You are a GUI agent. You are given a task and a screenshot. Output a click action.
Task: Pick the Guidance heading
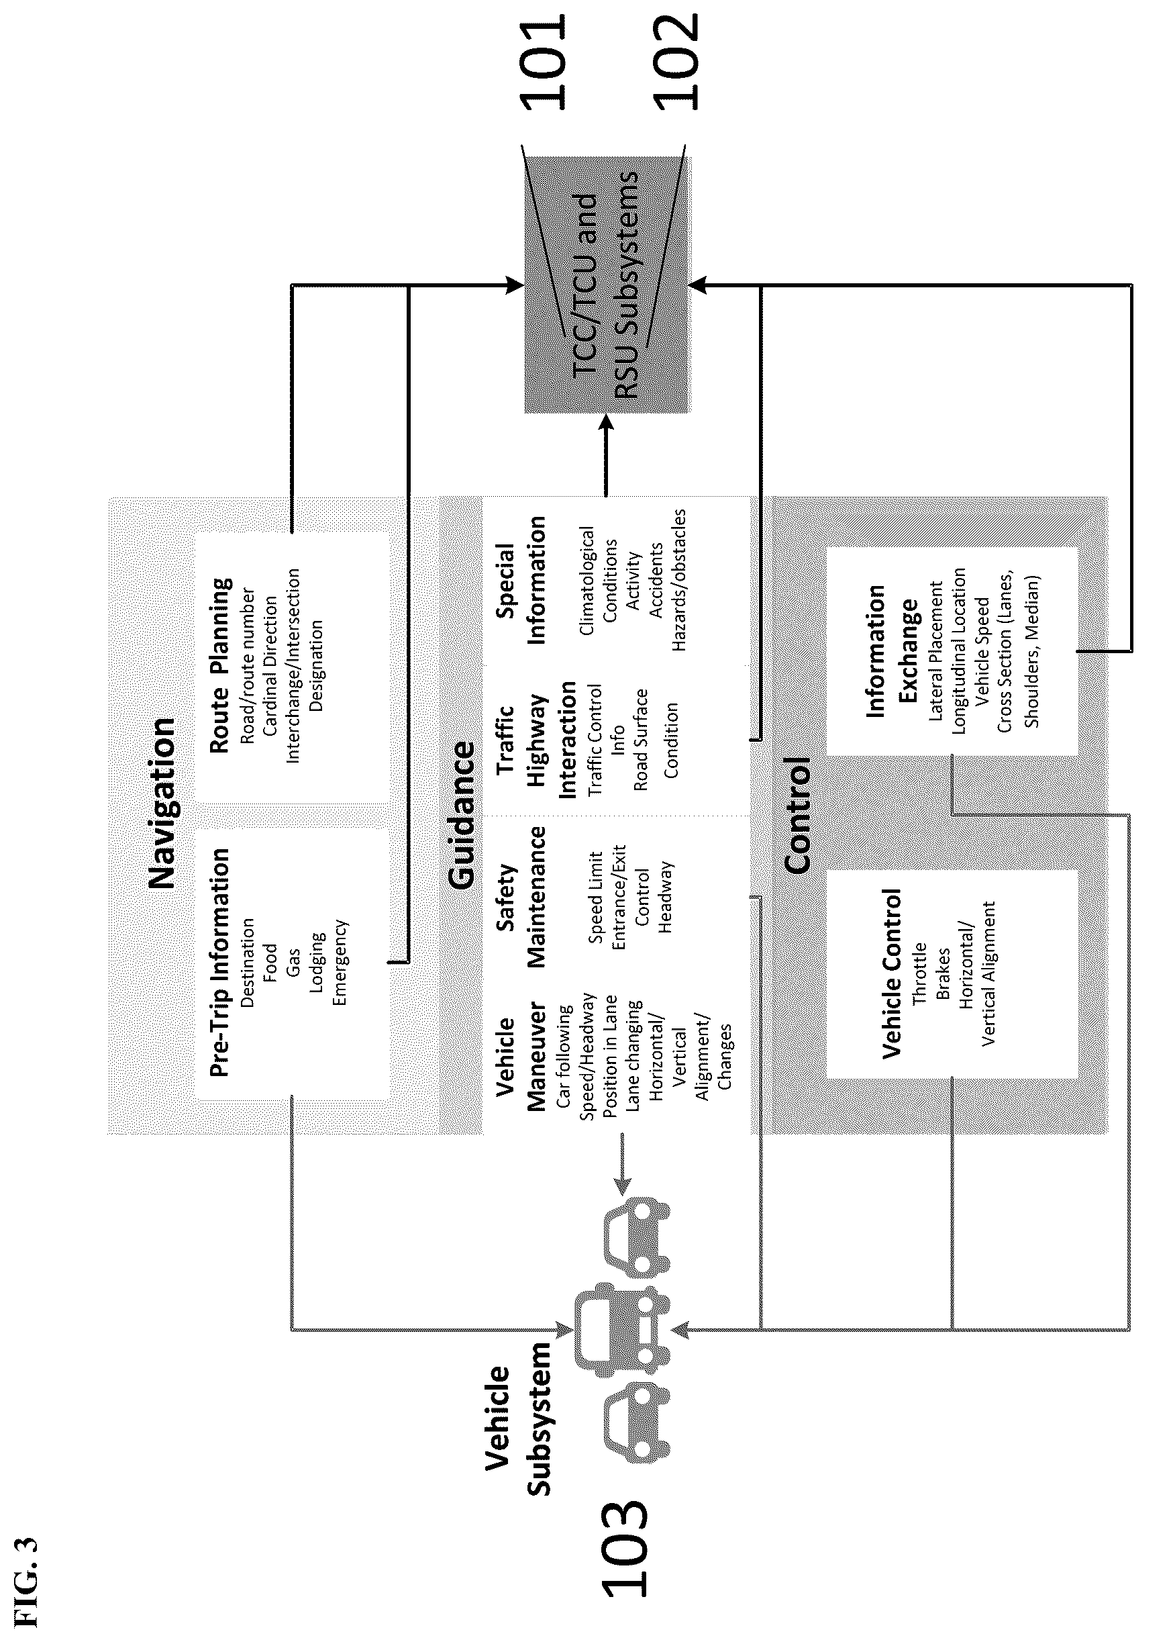pos(462,816)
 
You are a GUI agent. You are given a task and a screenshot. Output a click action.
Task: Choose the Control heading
pos(797,815)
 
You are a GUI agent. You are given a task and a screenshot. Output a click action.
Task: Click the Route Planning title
pos(221,665)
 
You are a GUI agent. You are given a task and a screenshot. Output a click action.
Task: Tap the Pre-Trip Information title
pos(219,962)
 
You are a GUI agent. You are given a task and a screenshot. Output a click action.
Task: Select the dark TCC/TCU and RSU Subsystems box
pos(607,285)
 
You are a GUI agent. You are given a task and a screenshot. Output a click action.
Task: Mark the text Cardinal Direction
pos(270,665)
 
